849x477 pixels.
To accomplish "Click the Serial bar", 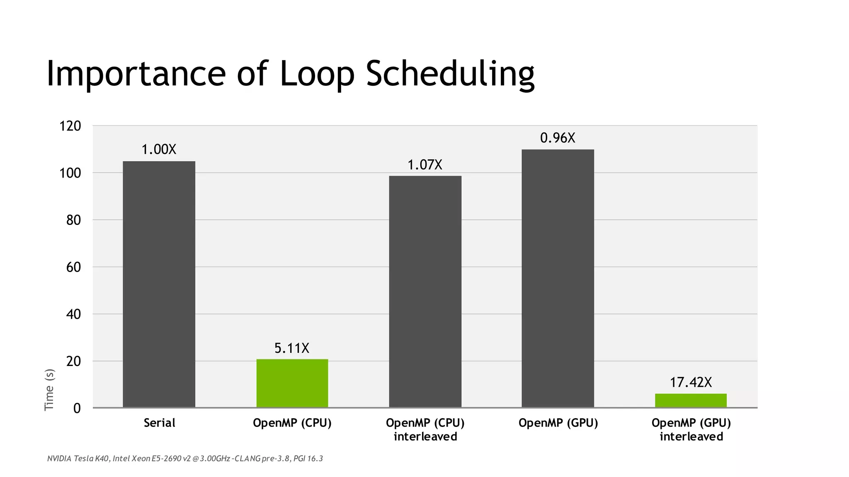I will (x=159, y=284).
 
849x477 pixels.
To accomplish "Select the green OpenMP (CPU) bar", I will (x=292, y=383).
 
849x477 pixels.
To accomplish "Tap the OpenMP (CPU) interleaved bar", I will (x=425, y=291).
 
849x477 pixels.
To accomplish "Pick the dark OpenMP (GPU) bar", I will (x=558, y=278).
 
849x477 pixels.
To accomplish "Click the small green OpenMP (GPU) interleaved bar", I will (x=691, y=400).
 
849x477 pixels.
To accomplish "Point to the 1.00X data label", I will (x=159, y=149).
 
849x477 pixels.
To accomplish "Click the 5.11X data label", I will (x=292, y=348).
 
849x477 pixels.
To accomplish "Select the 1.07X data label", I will (x=425, y=165).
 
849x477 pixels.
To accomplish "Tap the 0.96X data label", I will (x=558, y=138).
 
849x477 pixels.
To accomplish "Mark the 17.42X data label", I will (x=691, y=382).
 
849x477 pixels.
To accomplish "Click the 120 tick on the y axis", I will (x=70, y=126).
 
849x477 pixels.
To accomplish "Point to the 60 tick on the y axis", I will (x=73, y=267).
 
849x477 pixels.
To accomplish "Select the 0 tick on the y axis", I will (x=77, y=408).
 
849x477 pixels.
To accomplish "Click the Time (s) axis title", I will (x=49, y=389).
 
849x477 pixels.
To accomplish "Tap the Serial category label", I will (x=159, y=423).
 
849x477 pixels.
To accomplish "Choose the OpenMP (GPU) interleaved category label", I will (x=691, y=429).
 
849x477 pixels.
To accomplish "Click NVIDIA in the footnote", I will (x=59, y=458).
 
